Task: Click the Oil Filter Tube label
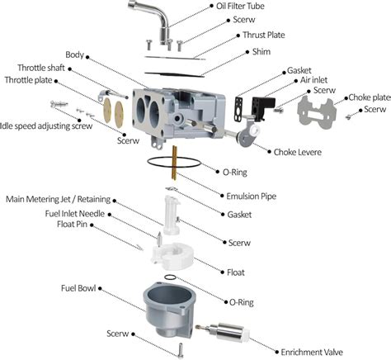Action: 240,6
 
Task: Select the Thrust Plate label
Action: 263,35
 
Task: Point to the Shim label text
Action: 261,51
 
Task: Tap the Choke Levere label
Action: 297,152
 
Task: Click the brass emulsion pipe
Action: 174,163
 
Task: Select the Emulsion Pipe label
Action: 251,197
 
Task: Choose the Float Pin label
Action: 72,225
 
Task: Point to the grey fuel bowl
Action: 167,309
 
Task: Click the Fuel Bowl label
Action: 78,288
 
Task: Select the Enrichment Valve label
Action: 312,353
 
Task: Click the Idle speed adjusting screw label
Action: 45,126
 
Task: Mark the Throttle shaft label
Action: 41,68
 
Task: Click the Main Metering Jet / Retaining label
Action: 58,199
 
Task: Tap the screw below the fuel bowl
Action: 181,350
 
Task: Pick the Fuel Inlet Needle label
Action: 75,214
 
